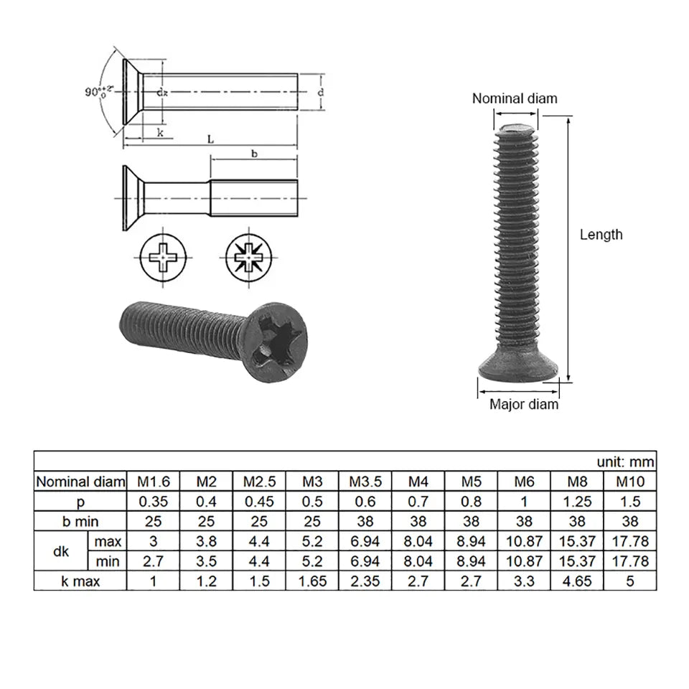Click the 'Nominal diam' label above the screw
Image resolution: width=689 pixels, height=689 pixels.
(514, 98)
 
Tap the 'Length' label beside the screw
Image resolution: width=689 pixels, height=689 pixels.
(601, 234)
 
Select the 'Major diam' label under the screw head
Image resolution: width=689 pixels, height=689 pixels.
(523, 404)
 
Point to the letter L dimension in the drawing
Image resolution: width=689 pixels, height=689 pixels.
(210, 139)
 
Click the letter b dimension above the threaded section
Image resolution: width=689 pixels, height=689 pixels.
(253, 153)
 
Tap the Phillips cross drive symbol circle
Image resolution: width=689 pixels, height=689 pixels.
(164, 257)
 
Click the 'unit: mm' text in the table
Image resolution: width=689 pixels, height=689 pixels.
(624, 461)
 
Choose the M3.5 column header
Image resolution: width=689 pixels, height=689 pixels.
(365, 481)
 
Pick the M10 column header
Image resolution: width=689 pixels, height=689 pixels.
(629, 481)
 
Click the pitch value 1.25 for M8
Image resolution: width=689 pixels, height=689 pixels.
(577, 501)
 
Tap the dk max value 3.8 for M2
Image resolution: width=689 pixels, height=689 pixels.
(206, 540)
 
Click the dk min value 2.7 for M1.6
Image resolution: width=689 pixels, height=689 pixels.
(153, 561)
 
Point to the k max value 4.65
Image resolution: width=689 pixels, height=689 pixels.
(577, 581)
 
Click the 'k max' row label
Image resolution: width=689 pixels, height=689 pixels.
(80, 581)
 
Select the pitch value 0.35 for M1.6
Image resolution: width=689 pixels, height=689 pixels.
(153, 501)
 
